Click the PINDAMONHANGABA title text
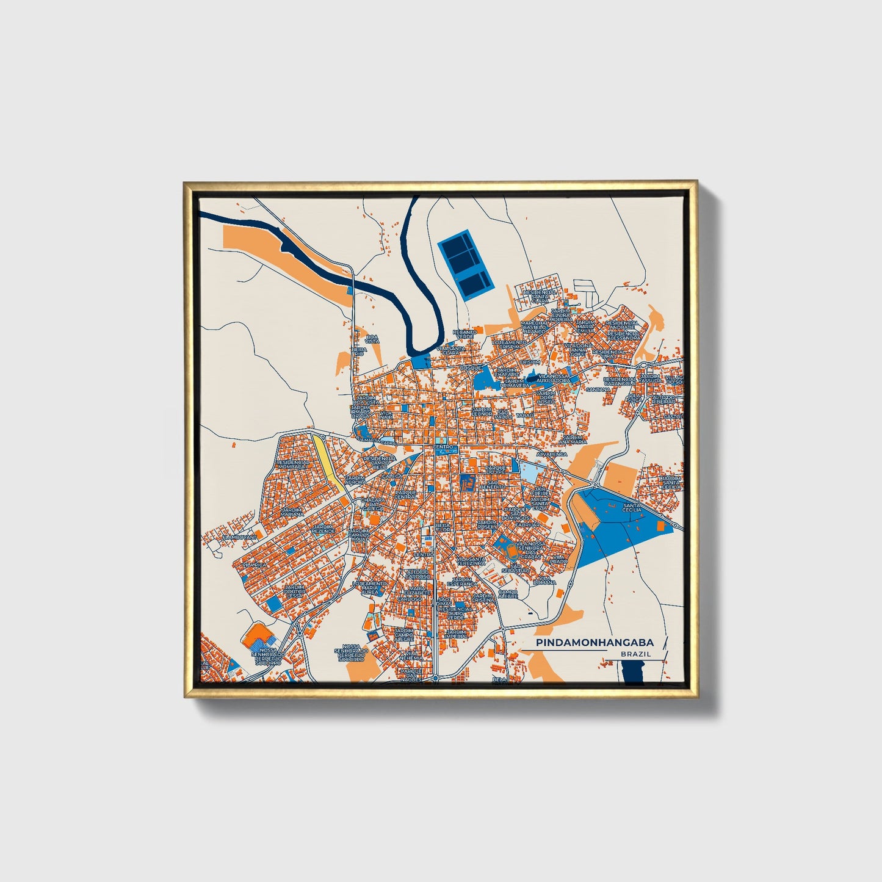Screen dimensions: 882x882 coord(595,643)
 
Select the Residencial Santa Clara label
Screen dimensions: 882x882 coord(540,296)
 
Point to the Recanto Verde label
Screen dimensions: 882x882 coord(463,334)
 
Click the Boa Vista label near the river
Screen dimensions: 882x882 coord(372,339)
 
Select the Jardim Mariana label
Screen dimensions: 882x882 coord(292,513)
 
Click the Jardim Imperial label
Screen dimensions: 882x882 coord(456,635)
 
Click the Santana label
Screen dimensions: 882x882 coord(598,389)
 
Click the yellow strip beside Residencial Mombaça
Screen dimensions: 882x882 coord(327,460)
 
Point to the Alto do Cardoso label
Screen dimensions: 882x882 coord(418,574)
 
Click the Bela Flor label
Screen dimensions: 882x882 coord(443,527)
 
